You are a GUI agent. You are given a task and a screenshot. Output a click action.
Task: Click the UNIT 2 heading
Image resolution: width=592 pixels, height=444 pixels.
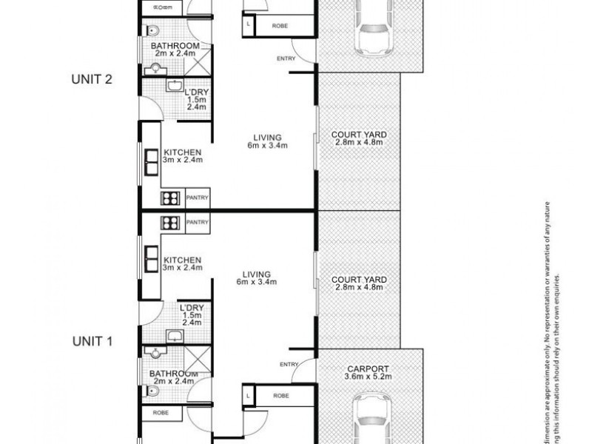(x=92, y=80)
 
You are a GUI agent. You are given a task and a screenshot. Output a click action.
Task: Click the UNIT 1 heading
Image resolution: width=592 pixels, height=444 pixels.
(x=92, y=342)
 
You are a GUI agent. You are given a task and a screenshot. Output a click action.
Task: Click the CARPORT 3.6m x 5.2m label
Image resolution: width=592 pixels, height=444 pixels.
(x=370, y=371)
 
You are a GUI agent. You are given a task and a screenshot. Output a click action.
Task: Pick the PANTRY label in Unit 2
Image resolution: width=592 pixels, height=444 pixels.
(x=198, y=198)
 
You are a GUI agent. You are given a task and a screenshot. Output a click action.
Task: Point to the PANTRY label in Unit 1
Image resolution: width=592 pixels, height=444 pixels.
(x=198, y=222)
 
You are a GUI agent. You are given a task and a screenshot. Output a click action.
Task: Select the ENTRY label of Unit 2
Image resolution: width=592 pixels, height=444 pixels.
(x=285, y=58)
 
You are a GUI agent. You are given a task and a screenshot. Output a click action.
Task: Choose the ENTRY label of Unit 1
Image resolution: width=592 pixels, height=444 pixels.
(x=289, y=364)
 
